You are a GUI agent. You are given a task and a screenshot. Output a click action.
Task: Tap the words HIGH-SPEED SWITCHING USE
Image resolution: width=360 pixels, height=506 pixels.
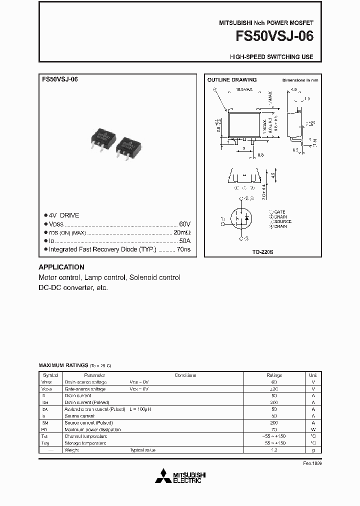[271, 57]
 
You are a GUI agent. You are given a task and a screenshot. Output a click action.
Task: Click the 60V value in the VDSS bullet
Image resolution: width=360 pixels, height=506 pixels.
[184, 224]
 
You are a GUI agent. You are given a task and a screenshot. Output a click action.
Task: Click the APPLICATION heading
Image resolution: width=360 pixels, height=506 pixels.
[61, 267]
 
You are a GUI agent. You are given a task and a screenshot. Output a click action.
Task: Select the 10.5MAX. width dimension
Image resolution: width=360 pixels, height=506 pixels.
[244, 90]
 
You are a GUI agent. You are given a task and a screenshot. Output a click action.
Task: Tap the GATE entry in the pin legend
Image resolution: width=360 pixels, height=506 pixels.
[279, 212]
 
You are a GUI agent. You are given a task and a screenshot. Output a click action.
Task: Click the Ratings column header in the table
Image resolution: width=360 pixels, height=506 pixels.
[274, 375]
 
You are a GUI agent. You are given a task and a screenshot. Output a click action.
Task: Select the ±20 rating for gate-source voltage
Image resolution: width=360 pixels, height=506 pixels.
[274, 388]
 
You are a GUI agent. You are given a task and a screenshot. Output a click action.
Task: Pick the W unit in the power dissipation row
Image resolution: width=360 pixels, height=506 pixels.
[313, 429]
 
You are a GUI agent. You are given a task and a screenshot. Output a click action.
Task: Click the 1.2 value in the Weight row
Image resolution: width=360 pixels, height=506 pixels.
[274, 450]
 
